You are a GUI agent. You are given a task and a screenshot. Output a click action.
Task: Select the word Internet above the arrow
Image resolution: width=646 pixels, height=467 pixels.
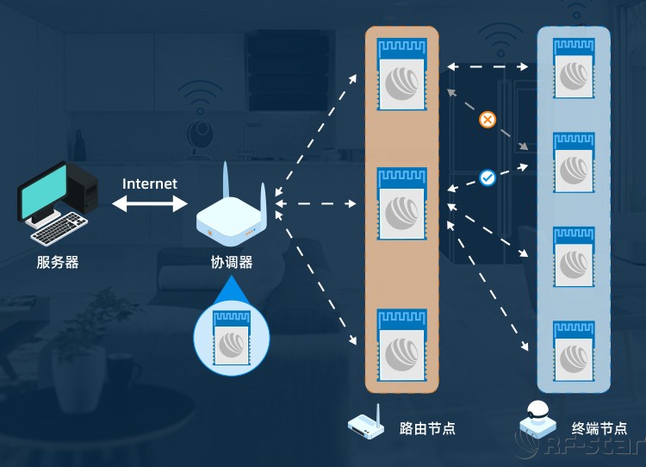(x=150, y=184)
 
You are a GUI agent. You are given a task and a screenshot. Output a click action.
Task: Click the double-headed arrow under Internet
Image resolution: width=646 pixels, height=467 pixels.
(x=150, y=203)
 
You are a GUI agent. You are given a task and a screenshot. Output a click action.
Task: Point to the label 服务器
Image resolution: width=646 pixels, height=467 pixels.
(x=58, y=262)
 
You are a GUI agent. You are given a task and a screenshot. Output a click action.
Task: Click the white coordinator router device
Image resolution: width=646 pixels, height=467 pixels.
(x=230, y=221)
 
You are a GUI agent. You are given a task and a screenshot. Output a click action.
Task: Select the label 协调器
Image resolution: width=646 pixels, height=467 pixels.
(x=232, y=262)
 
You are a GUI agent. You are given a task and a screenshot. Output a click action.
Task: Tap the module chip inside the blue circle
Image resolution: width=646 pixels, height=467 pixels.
(x=230, y=337)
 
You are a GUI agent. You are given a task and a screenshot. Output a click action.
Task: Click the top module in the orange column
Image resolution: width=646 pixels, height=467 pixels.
(x=402, y=73)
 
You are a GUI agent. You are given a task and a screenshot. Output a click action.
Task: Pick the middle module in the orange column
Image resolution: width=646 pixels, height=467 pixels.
(x=402, y=204)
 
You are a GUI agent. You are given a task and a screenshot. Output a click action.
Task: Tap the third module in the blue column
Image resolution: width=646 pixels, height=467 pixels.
(x=574, y=258)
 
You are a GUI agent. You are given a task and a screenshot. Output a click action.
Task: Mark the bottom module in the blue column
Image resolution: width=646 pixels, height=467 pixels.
(x=574, y=351)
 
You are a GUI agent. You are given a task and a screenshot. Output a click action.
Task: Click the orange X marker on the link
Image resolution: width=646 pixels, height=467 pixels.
(x=487, y=120)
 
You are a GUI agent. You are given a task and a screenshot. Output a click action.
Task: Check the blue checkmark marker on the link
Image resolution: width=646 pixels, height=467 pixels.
(x=487, y=177)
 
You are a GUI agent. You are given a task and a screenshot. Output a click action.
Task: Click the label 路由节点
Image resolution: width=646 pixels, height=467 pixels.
(x=428, y=428)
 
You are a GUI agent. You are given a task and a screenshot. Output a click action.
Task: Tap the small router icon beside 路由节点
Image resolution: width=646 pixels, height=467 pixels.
(x=365, y=425)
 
